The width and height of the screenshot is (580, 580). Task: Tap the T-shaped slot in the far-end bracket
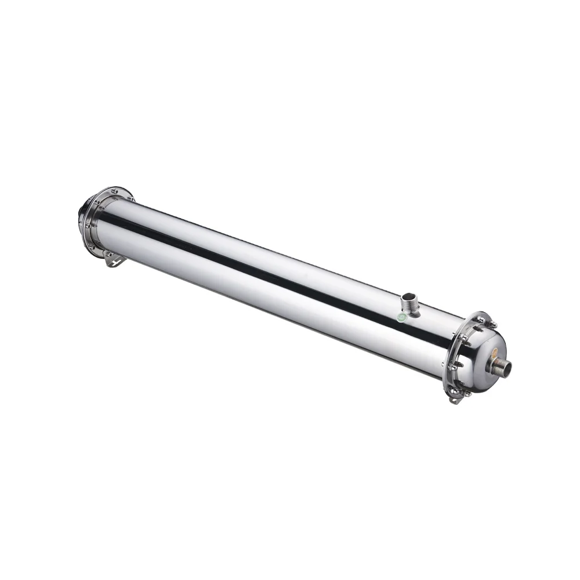[116, 263]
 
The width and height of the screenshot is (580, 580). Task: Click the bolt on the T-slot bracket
[110, 255]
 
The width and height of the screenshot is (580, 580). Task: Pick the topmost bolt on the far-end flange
[115, 191]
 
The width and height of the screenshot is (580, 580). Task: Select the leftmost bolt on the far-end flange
[88, 226]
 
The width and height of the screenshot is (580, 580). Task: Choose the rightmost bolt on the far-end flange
[132, 198]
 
